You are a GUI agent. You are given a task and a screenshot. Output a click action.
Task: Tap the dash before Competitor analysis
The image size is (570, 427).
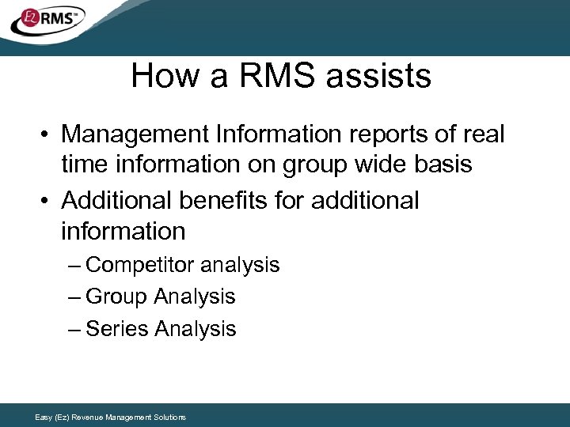tap(74, 265)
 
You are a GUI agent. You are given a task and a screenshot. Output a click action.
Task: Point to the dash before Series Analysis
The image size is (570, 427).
tap(74, 329)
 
